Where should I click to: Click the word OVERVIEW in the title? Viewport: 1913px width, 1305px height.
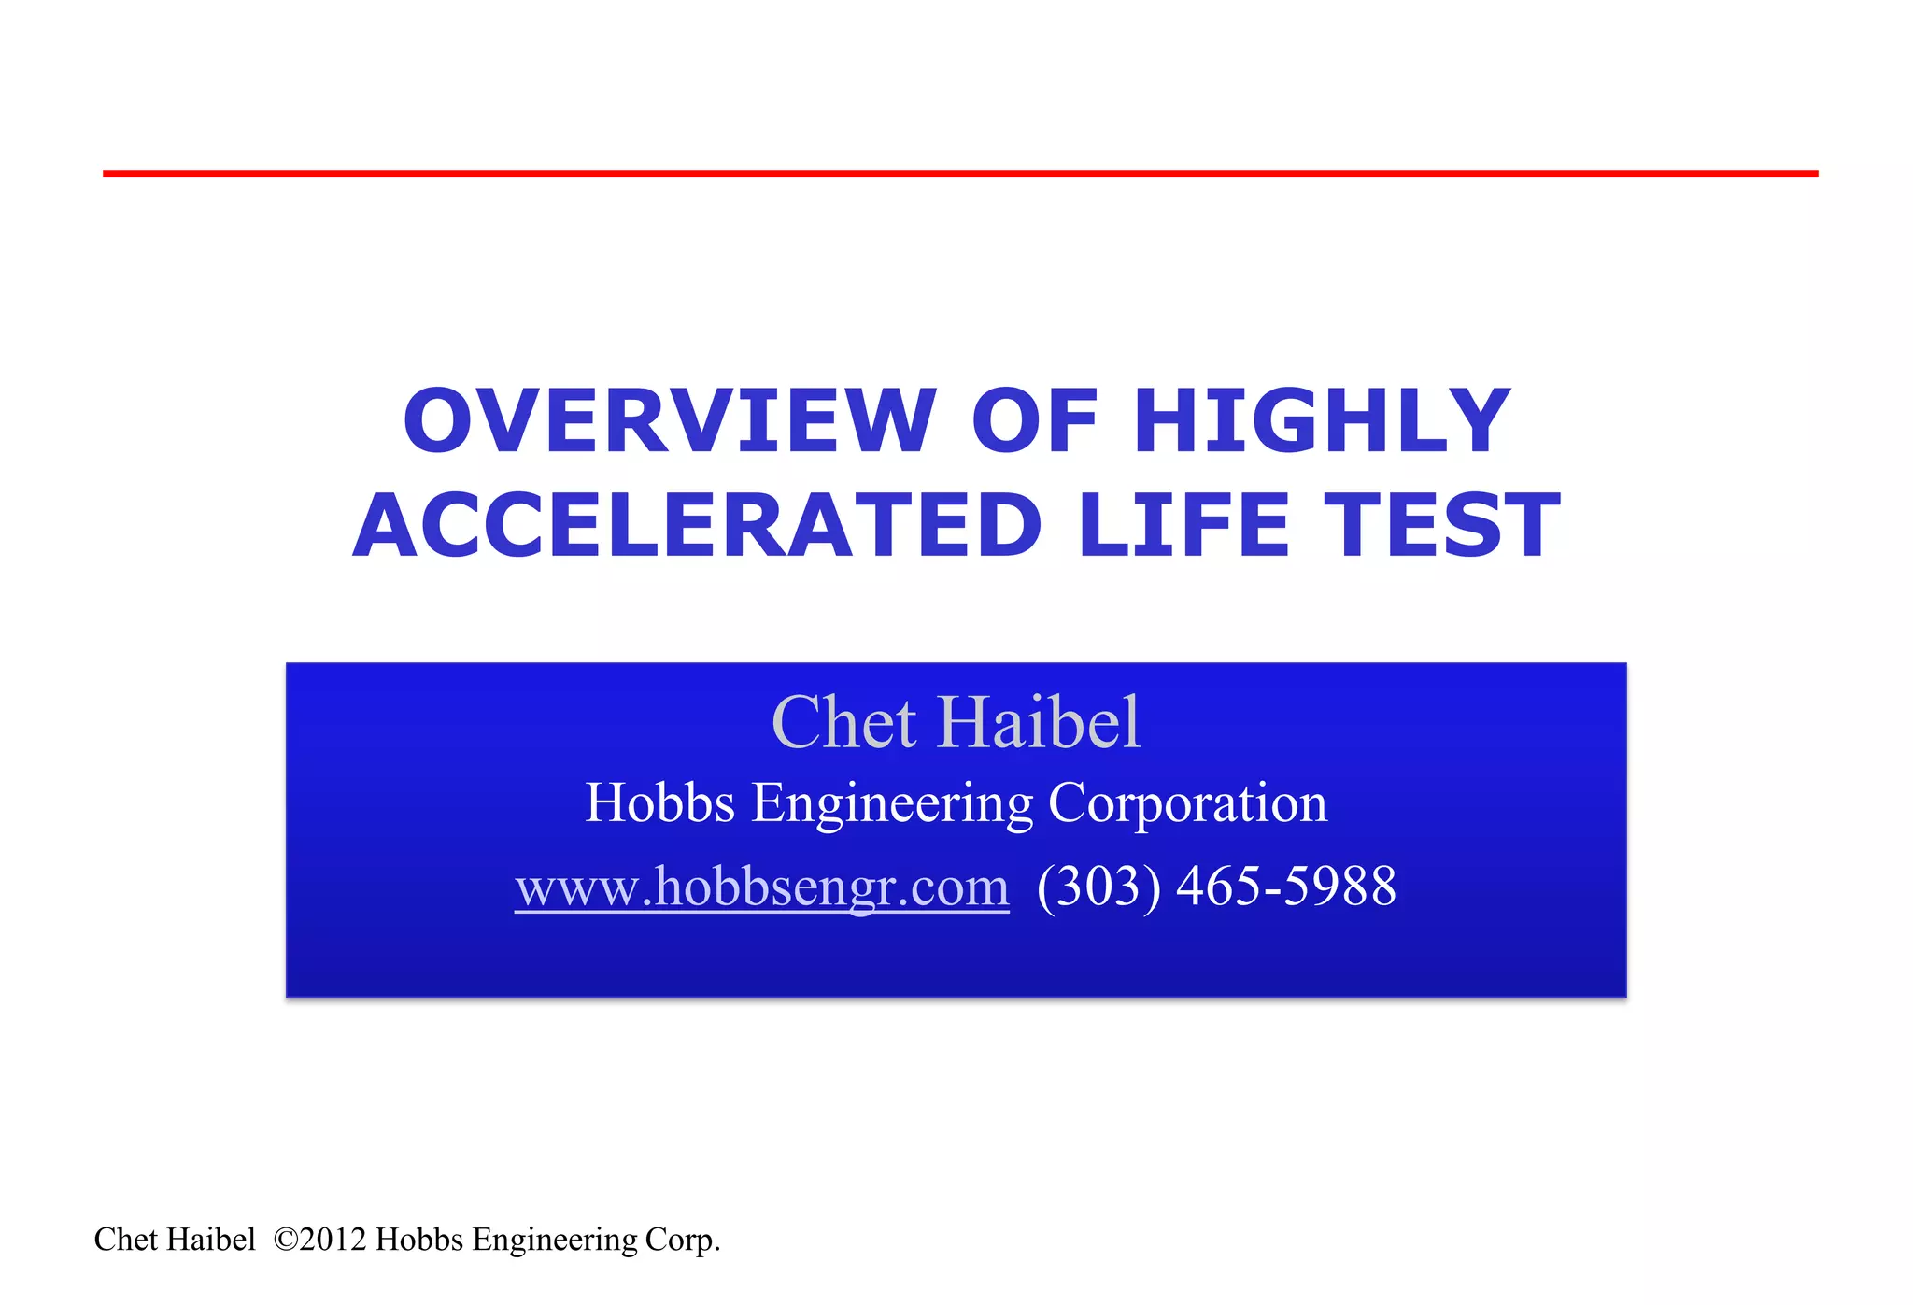pos(669,421)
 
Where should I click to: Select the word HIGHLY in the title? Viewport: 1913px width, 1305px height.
pos(1322,421)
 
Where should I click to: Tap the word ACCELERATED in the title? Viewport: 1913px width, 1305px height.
pos(697,526)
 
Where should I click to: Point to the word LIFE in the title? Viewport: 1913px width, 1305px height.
pos(1183,526)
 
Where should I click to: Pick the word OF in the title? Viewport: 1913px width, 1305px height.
pos(1035,421)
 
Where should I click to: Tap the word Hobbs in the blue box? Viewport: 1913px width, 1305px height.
pos(659,802)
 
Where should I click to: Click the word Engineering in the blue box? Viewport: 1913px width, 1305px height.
pos(892,804)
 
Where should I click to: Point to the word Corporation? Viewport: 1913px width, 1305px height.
pos(1187,802)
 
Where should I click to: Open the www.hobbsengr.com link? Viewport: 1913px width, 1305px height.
pos(762,887)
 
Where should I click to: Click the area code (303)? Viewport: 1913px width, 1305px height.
pos(1098,887)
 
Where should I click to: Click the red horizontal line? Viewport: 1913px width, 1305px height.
pos(960,174)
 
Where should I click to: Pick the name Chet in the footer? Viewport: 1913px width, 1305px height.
pos(125,1240)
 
